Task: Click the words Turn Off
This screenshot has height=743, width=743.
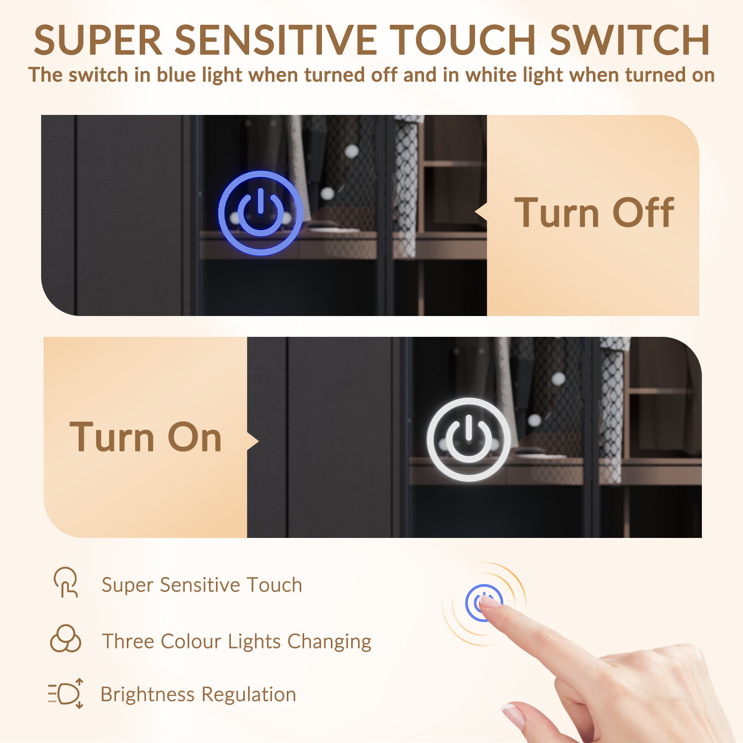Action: tap(594, 212)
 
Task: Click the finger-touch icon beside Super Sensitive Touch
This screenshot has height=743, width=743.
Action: tap(66, 583)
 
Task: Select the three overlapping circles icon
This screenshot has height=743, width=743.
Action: tap(65, 638)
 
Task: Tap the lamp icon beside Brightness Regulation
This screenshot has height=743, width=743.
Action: tap(66, 693)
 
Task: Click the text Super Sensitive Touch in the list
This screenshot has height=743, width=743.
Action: tap(202, 585)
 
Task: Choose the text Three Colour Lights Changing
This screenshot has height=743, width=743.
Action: tap(236, 641)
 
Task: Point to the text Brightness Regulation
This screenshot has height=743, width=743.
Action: tap(198, 694)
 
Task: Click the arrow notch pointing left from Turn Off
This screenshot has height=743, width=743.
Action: tap(481, 212)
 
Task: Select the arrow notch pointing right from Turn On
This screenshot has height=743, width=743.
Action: tap(253, 441)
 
